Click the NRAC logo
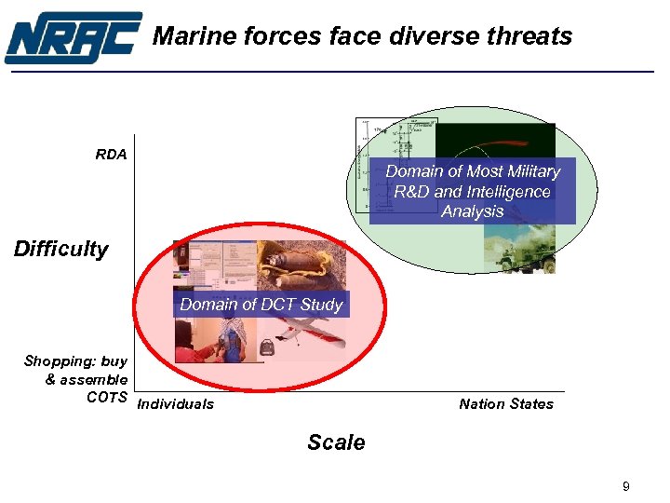coord(73,37)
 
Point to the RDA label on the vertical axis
coord(111,155)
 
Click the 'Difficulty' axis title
coord(60,249)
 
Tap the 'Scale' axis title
coord(336,442)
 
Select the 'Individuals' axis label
coord(175,403)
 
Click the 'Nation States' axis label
coord(505,403)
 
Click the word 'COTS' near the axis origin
coord(106,397)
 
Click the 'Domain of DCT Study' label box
coord(261,305)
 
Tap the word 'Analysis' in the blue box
coord(472,211)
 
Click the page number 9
coord(626,486)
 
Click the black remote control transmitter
coord(267,348)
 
